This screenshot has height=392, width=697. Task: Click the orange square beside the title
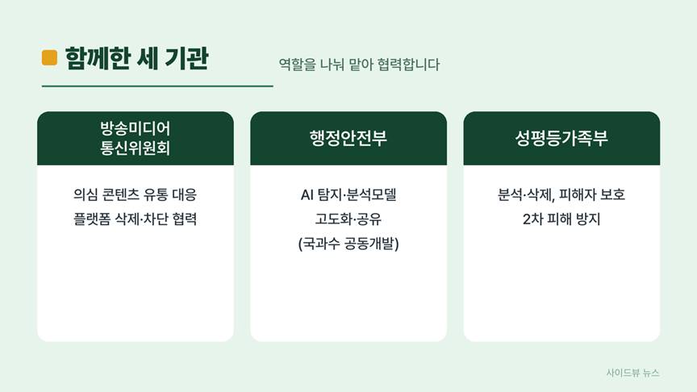coord(49,58)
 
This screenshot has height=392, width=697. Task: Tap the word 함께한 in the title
coord(98,58)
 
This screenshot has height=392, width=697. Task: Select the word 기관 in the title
coord(186,58)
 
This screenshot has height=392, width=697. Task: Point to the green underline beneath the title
coord(157,86)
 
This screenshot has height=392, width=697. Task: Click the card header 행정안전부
coord(348,138)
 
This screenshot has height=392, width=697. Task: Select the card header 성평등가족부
coord(561,138)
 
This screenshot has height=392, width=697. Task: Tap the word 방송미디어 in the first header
coord(136,128)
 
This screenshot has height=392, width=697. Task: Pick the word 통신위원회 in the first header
coord(136,148)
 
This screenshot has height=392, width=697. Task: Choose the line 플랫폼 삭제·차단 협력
coord(136,219)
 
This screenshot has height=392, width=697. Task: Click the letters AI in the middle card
coord(307,194)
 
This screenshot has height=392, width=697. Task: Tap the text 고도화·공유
coord(348,219)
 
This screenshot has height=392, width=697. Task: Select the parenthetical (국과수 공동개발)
coord(348,244)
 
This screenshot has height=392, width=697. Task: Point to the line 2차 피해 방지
coord(561,219)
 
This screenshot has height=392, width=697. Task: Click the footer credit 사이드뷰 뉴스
coord(633,373)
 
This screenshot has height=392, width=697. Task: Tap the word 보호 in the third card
coord(612,194)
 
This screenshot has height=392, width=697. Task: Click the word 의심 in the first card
coord(85,194)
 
